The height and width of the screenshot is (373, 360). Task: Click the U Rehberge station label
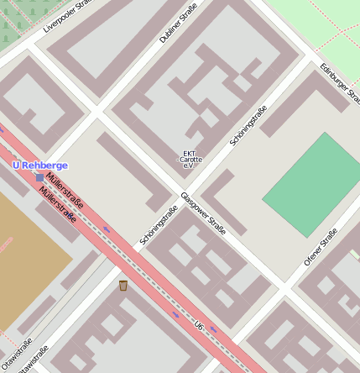tap(40, 165)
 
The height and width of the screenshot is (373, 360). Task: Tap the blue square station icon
tap(39, 177)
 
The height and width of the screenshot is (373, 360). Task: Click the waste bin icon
tap(123, 286)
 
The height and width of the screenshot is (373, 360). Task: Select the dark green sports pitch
tap(312, 184)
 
